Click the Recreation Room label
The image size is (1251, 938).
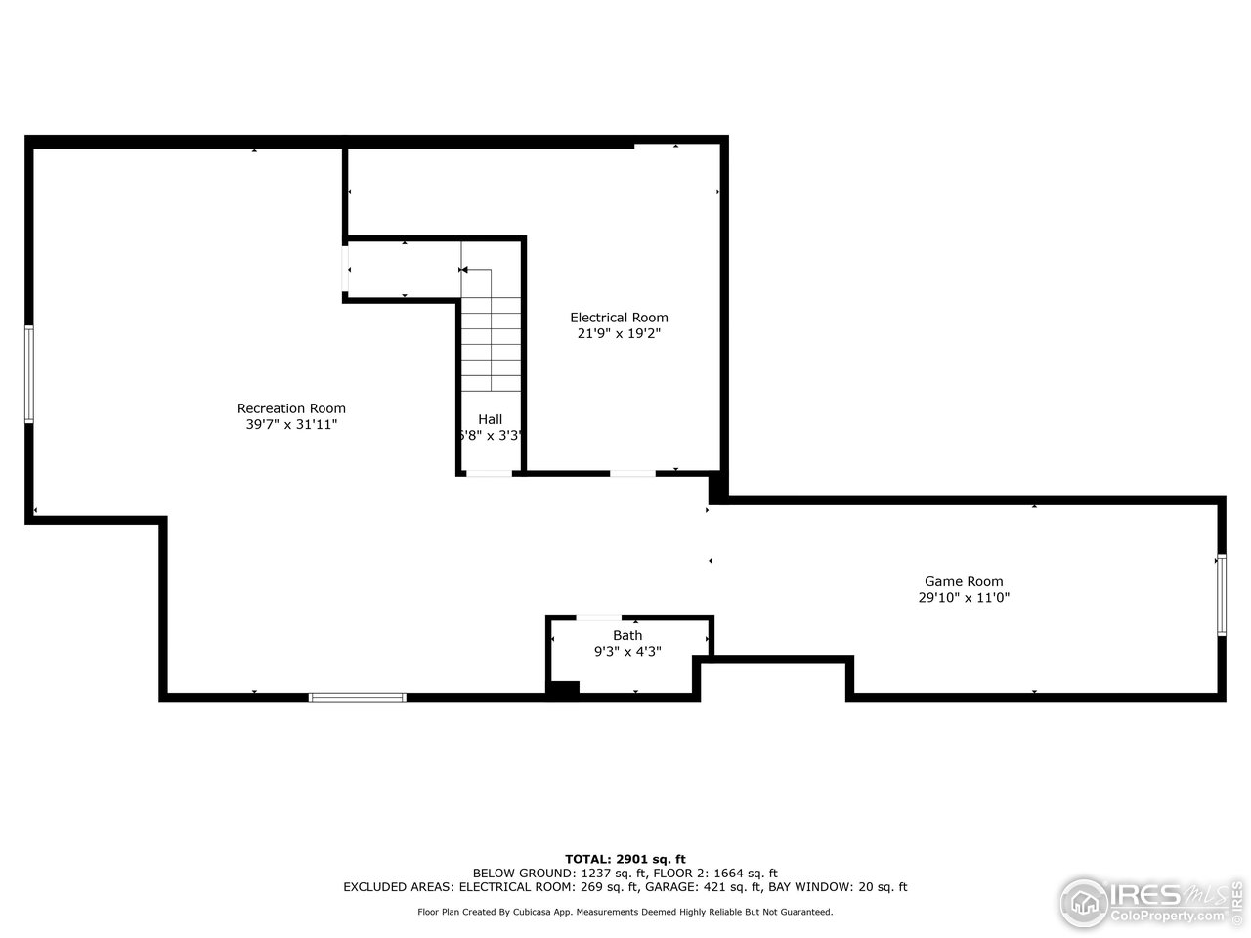tap(291, 408)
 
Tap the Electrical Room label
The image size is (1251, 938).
tap(619, 317)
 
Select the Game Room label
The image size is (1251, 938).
tap(964, 581)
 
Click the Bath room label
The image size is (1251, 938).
tap(627, 635)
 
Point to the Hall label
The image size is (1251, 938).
tap(491, 419)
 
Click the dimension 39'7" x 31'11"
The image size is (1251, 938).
tap(291, 425)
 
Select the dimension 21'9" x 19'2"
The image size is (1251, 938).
tap(619, 333)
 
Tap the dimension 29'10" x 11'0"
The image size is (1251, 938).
tap(964, 598)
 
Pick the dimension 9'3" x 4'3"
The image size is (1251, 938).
tap(627, 651)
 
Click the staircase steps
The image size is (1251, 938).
tap(492, 342)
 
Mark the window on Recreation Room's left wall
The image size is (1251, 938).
tap(29, 374)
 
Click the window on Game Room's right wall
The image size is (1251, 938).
tap(1221, 595)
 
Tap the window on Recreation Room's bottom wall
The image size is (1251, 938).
tap(358, 697)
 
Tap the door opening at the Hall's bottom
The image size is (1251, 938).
tap(489, 474)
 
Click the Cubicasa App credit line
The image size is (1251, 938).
tap(625, 912)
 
